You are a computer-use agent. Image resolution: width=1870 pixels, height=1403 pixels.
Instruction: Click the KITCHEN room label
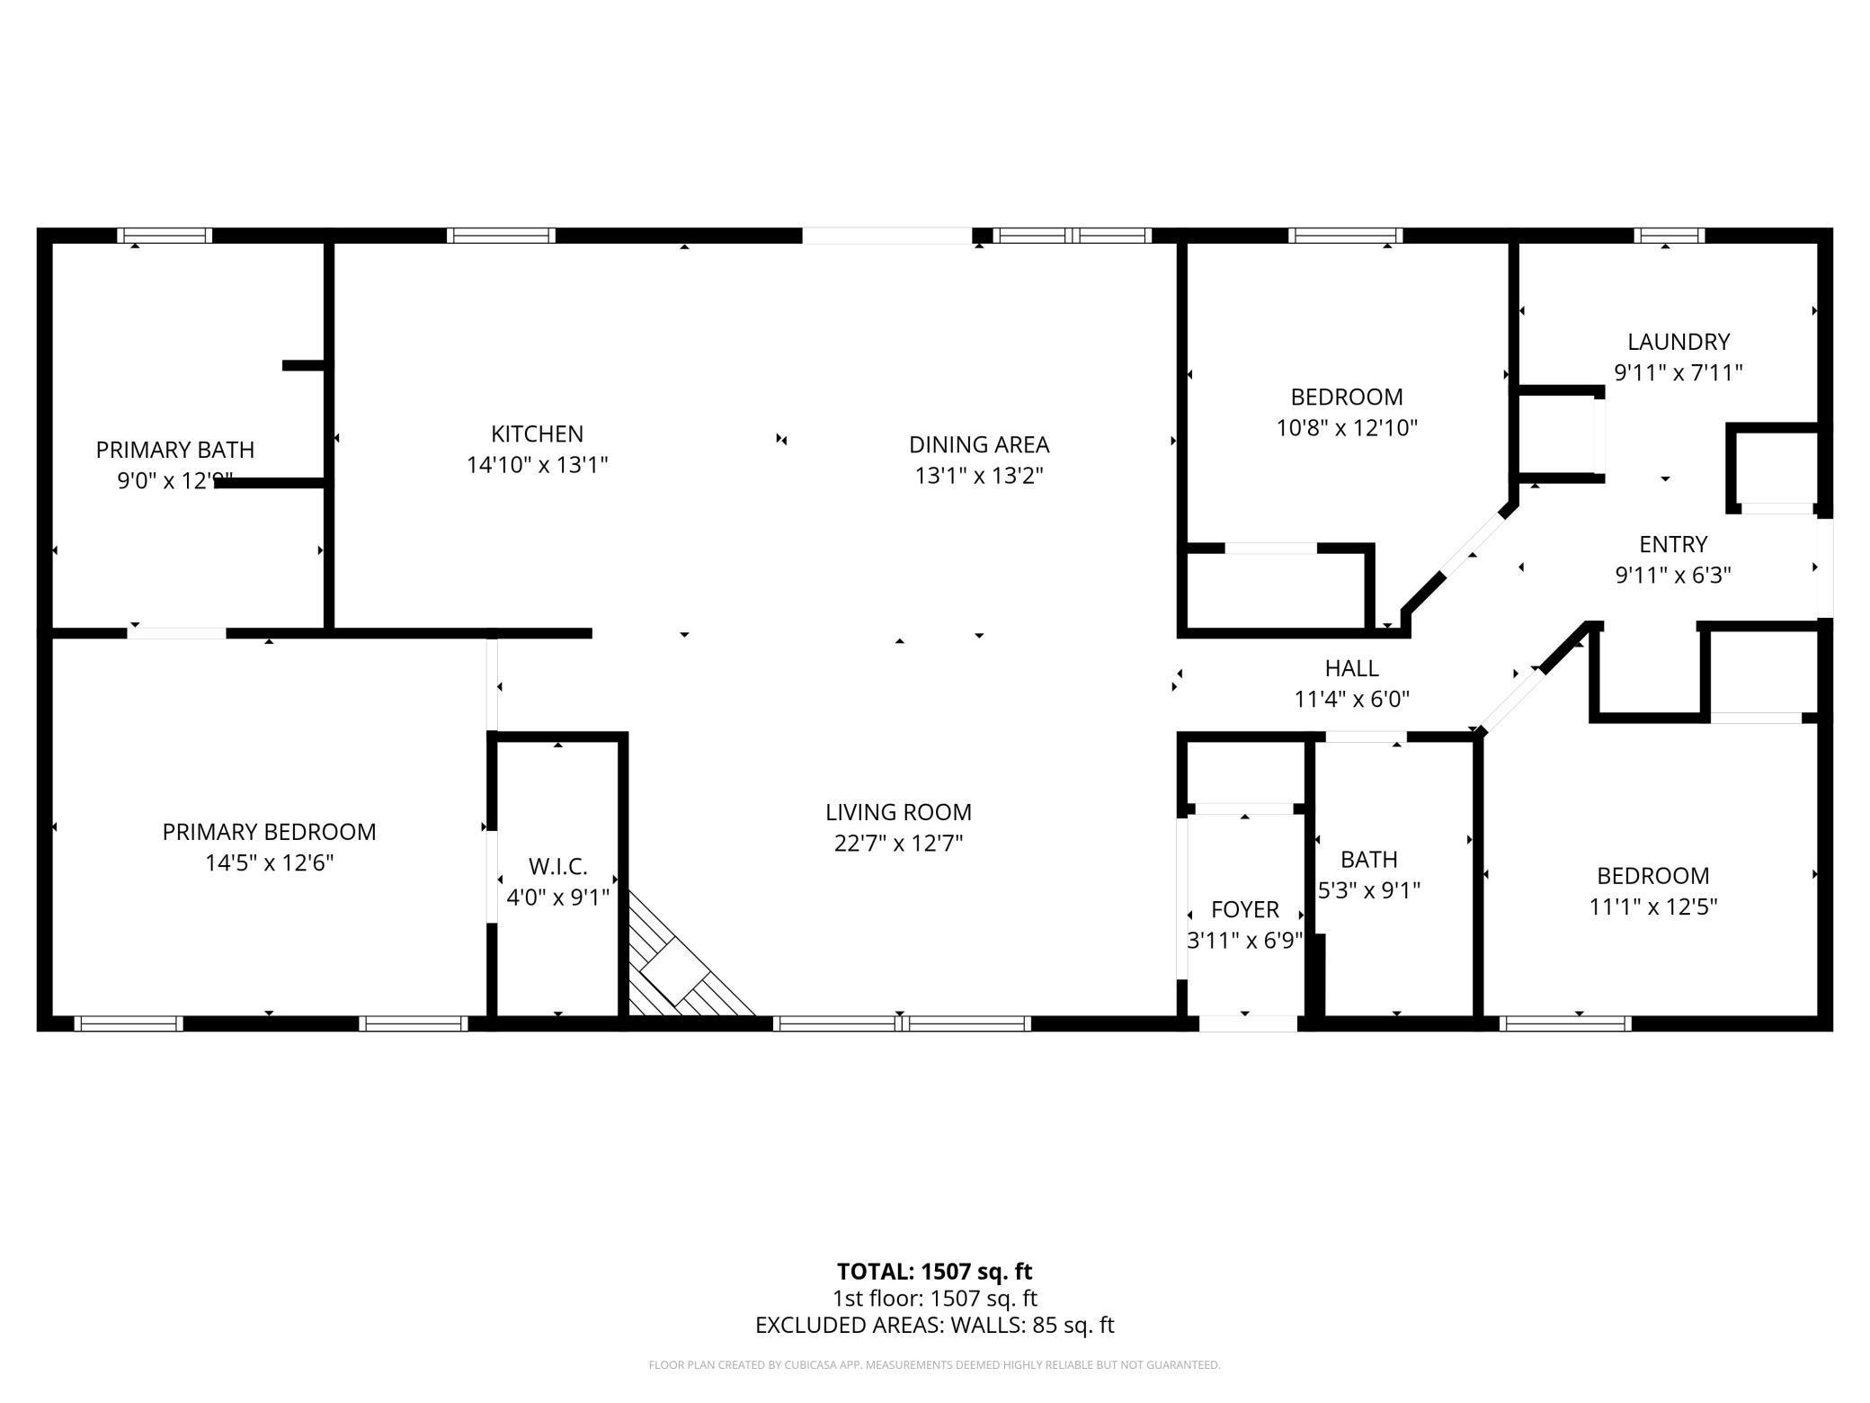537,433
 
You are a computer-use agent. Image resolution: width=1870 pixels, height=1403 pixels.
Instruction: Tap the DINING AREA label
979,444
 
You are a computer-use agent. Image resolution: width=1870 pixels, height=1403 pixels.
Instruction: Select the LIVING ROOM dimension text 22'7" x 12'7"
898,844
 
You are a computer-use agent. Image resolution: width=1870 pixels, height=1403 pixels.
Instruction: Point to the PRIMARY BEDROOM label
269,832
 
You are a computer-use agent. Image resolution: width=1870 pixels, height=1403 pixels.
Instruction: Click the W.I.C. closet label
557,867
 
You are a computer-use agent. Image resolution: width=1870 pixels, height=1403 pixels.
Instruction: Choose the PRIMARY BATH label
175,450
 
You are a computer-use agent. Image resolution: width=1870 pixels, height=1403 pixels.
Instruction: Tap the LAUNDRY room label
1679,342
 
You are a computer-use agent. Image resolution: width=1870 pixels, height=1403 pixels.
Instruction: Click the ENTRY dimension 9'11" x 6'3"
1673,575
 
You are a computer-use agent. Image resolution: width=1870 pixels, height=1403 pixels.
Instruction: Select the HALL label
1351,668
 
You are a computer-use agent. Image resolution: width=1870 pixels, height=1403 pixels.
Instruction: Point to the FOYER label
1244,909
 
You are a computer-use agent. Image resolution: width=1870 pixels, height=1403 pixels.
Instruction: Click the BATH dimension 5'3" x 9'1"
1368,890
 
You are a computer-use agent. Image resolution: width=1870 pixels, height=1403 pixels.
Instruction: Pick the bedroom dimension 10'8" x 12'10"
1347,428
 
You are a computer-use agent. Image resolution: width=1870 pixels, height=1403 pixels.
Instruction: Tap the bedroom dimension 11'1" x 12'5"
1652,907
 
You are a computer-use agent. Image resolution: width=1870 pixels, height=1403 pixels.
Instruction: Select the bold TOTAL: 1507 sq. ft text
934,1272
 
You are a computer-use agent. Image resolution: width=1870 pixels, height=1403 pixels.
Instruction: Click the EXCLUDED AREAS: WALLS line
934,1325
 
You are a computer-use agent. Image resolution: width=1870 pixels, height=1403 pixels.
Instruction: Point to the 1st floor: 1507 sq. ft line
934,1299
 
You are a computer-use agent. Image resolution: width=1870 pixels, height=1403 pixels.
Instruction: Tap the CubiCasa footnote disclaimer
934,1365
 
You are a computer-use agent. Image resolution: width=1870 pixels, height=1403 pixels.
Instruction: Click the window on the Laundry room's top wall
1669,236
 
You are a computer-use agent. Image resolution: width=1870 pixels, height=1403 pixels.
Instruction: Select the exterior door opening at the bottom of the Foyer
1248,1023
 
